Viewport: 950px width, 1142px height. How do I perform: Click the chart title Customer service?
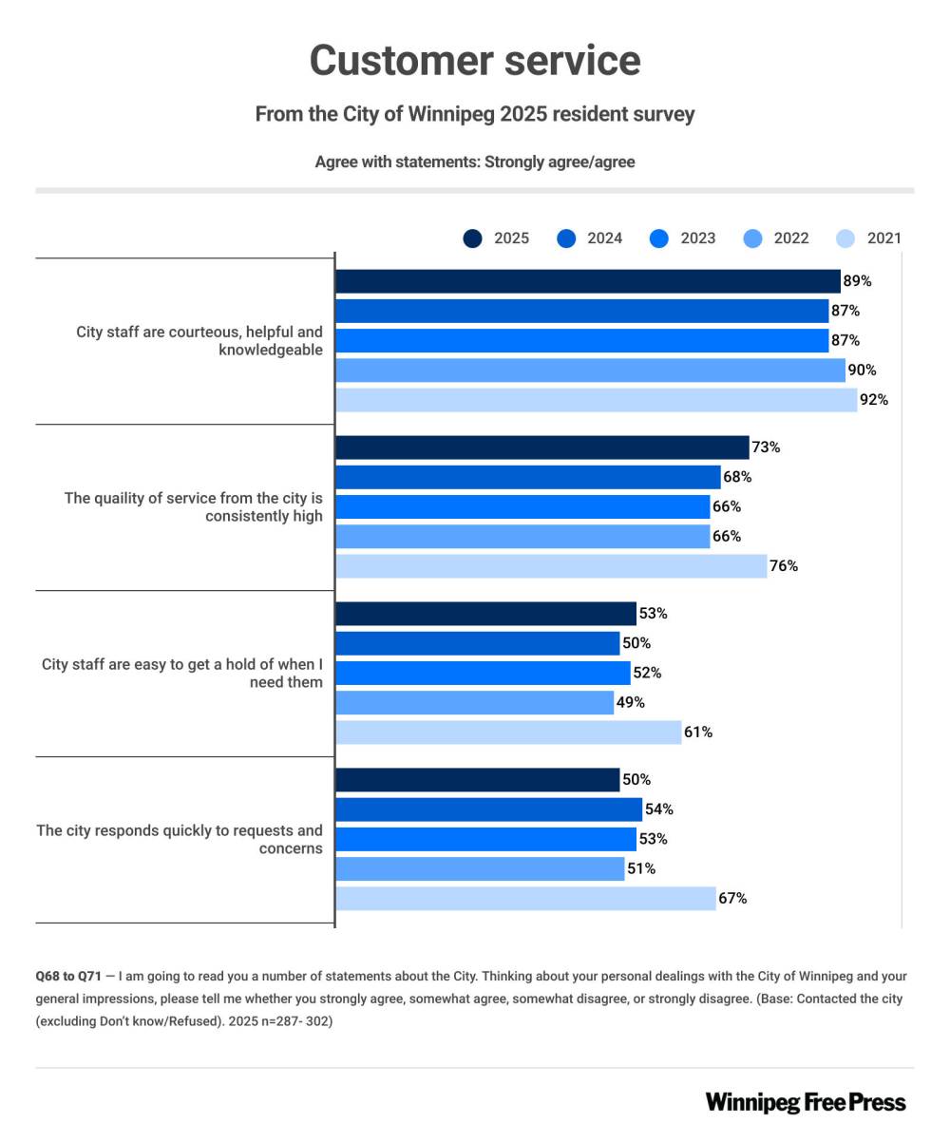click(x=475, y=61)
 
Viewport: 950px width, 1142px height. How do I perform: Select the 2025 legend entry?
click(x=497, y=238)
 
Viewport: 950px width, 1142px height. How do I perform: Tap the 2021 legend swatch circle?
click(x=845, y=238)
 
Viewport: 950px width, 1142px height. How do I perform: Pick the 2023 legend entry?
click(x=683, y=238)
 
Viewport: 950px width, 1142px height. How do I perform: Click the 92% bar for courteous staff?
click(x=596, y=400)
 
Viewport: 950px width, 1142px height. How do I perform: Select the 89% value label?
click(x=857, y=281)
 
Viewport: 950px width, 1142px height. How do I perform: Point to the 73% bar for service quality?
click(x=542, y=447)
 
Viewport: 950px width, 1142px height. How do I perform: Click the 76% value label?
click(x=784, y=566)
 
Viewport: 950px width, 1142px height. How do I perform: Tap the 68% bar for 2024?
click(x=528, y=477)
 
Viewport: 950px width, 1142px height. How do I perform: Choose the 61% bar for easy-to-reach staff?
click(x=508, y=733)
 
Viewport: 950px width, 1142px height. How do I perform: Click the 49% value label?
click(x=631, y=703)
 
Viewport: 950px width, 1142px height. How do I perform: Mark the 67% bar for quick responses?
click(x=525, y=899)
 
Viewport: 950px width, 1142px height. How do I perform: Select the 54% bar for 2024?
click(x=489, y=809)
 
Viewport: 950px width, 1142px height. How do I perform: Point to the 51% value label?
click(x=641, y=869)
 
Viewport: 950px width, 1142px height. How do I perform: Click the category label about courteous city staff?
click(x=199, y=341)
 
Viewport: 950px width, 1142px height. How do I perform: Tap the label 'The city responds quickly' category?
click(x=180, y=840)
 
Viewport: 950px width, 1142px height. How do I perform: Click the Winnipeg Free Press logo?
click(x=806, y=1102)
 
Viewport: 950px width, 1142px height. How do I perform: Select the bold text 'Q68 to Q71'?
click(x=68, y=977)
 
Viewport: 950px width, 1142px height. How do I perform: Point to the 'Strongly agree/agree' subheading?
click(x=560, y=162)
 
